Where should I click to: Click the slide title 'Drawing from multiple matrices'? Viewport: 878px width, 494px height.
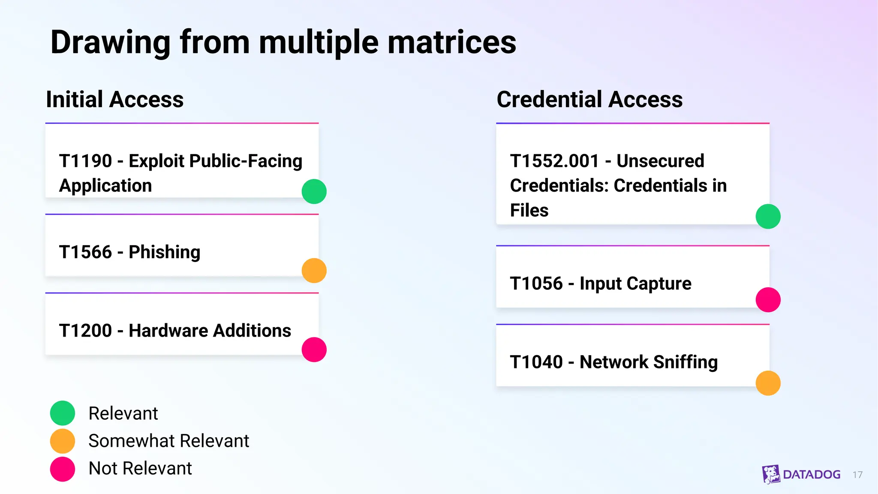point(283,42)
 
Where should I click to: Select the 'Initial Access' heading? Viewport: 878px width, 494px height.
point(115,99)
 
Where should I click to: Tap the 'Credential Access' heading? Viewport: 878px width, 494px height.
point(589,99)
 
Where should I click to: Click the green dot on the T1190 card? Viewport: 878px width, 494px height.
point(314,191)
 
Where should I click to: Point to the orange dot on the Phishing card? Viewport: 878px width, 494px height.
point(314,271)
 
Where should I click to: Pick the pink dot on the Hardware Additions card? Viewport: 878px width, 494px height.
point(314,349)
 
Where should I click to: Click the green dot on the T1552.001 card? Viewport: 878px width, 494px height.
point(768,217)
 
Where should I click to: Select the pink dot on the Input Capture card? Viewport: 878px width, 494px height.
point(768,300)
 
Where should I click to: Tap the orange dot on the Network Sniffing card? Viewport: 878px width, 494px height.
point(768,383)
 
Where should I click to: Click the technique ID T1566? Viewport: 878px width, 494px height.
point(85,252)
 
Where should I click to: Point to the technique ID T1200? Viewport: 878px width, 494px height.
point(85,331)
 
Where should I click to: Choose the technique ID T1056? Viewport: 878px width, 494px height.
point(536,284)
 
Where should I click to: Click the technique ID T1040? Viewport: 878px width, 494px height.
point(536,362)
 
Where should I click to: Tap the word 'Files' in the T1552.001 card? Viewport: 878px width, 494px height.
point(529,211)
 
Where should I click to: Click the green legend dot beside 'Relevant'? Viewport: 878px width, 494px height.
point(63,413)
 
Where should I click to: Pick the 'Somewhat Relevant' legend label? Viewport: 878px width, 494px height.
point(168,441)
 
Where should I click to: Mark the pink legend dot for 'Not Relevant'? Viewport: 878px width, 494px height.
point(63,469)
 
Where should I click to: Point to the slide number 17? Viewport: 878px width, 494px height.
point(857,475)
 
